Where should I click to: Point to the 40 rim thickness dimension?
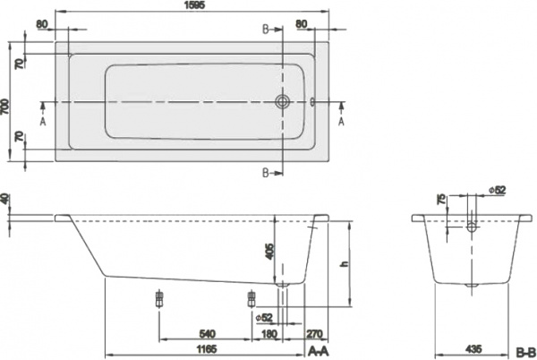pos(6,200)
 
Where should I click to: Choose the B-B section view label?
pos(524,349)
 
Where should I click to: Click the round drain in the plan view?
pos(283,102)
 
